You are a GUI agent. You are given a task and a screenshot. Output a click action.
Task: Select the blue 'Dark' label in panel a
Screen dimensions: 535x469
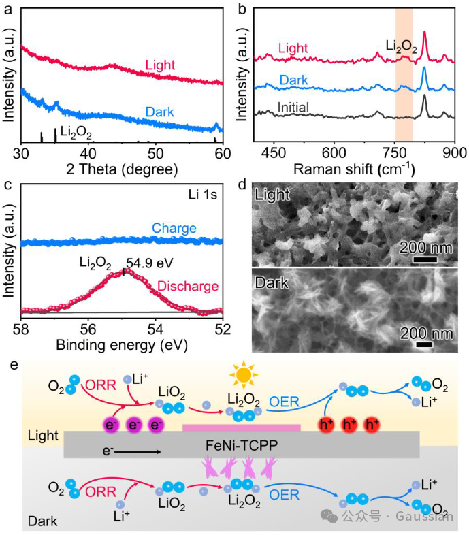161,112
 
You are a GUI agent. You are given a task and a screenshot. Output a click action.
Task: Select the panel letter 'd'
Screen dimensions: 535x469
246,184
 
